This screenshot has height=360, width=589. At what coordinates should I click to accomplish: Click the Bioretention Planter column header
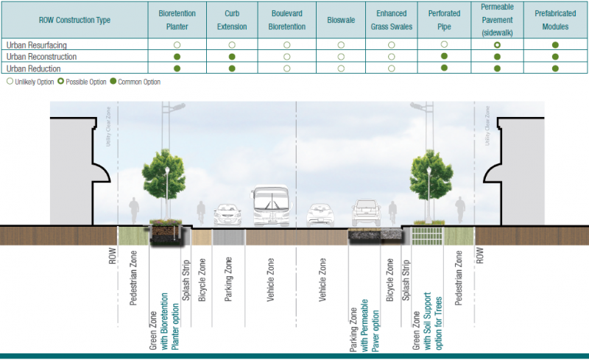click(177, 20)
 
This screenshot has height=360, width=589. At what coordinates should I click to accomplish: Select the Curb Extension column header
click(231, 20)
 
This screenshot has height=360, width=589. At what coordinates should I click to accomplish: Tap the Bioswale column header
click(340, 20)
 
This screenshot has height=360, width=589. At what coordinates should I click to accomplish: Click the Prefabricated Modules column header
click(555, 20)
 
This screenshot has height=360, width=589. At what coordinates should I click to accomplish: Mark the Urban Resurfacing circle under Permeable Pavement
click(498, 45)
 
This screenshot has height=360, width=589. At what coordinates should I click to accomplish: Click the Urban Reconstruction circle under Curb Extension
click(231, 57)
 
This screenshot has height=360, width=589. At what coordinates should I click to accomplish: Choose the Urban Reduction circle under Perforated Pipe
click(444, 68)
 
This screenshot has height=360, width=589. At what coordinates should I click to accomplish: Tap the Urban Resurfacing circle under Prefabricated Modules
click(555, 45)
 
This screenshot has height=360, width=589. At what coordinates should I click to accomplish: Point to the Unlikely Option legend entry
click(30, 82)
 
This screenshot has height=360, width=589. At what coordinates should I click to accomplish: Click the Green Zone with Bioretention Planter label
click(163, 299)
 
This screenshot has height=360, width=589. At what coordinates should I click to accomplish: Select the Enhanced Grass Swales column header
click(391, 20)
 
